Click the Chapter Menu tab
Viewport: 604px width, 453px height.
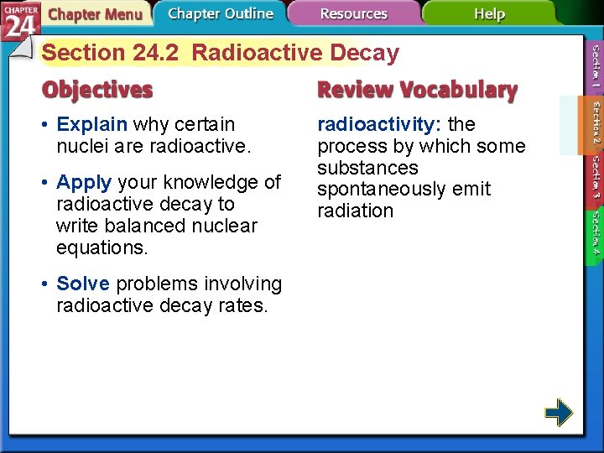(x=94, y=14)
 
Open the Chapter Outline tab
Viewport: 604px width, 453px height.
(x=220, y=14)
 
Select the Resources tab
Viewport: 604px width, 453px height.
(x=353, y=14)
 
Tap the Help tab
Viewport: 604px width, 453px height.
(x=488, y=14)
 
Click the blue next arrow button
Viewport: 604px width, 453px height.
(x=558, y=413)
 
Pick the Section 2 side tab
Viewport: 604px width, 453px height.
(x=594, y=121)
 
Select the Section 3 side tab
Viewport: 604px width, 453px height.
(x=594, y=177)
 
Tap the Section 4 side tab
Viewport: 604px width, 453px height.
(x=594, y=232)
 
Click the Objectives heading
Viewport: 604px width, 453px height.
(x=98, y=90)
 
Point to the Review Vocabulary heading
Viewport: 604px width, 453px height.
(x=417, y=90)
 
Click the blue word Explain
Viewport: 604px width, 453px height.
(x=91, y=125)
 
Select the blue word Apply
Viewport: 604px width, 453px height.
(x=85, y=183)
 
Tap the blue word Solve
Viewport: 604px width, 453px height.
(x=83, y=284)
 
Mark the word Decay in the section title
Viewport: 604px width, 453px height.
(x=364, y=53)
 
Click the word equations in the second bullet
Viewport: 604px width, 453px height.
(x=101, y=248)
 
